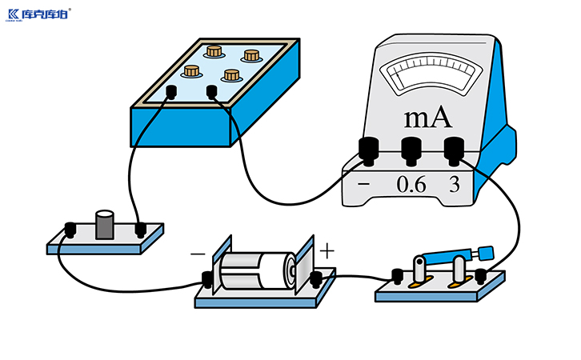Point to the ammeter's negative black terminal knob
point(368,150)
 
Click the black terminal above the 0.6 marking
point(411,150)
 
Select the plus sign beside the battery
point(327,250)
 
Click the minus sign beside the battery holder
point(198,254)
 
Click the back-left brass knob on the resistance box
point(214,51)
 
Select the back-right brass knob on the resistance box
point(252,55)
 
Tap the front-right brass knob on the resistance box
point(232,75)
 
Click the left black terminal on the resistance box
point(170,92)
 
